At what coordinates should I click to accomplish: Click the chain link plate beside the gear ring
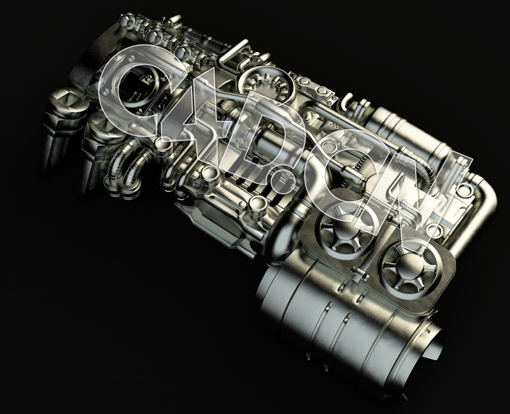316,88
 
